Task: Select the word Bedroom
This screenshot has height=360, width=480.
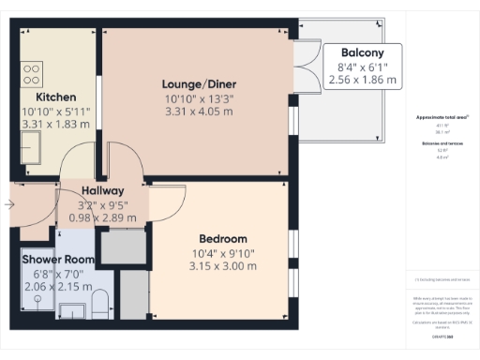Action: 223,238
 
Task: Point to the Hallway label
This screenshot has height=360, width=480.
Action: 104,191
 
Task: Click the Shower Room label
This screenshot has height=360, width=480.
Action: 59,260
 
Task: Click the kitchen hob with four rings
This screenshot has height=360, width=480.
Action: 33,72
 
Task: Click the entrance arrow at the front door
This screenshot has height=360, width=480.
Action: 9,203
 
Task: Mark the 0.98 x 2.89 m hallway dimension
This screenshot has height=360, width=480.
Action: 104,218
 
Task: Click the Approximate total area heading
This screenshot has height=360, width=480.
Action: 442,117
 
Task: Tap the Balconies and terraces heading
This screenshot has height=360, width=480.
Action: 442,142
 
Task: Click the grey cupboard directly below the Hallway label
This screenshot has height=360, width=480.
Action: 121,247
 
